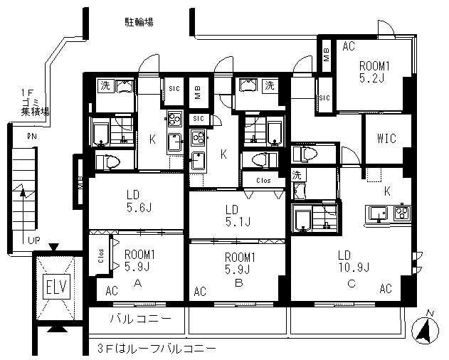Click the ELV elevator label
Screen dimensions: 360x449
54,289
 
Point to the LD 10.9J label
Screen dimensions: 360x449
354,262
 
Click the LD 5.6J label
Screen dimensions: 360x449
134,201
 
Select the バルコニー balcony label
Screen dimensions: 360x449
139,318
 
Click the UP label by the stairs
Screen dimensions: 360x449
33,241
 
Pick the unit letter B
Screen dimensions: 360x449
240,282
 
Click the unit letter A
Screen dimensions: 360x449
139,282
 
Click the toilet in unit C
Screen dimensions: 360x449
305,153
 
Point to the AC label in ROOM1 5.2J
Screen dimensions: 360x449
348,47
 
